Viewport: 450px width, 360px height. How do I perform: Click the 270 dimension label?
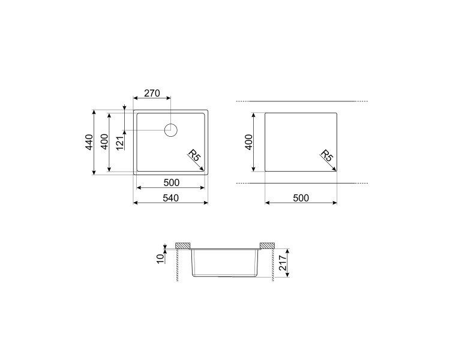(x=152, y=94)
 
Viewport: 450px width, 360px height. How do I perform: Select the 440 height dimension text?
(x=89, y=142)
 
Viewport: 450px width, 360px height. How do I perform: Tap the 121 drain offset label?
(x=120, y=143)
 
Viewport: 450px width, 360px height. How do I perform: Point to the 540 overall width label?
(x=171, y=198)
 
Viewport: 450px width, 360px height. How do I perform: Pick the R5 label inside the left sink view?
(x=194, y=155)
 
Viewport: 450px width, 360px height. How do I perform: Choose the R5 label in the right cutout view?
(x=326, y=155)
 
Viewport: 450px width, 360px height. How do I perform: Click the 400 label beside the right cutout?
(x=249, y=142)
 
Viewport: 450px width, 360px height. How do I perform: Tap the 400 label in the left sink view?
(x=105, y=142)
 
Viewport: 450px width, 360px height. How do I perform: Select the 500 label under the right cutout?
(x=301, y=198)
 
